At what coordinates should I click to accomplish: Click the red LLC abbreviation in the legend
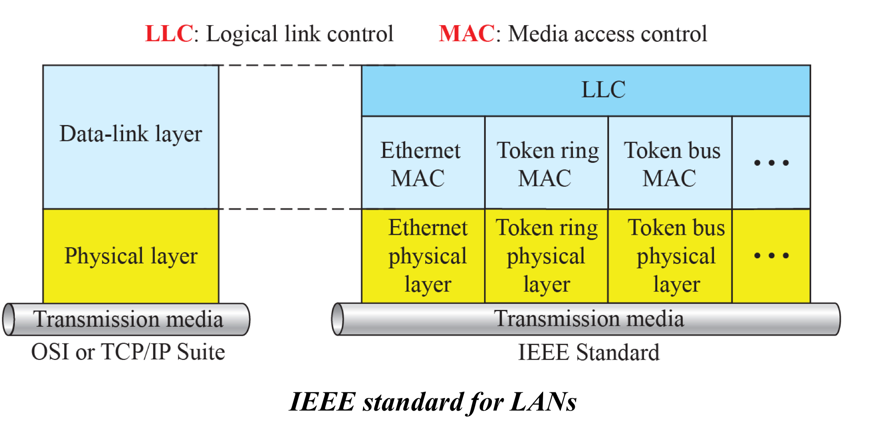coord(169,34)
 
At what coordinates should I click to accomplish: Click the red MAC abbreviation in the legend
coord(466,34)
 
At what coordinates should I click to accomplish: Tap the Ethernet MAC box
coord(423,163)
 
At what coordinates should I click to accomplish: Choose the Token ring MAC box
coord(547,163)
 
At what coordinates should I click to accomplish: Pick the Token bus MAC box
coord(670,163)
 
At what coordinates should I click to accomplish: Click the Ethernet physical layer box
coord(423,256)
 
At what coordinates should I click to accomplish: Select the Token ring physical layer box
coord(547,256)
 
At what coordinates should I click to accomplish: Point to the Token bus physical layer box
coord(670,256)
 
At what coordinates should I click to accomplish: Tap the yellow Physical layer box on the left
coord(131,256)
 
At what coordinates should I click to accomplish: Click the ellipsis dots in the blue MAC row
coord(771,163)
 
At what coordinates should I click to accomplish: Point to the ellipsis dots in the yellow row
coord(771,256)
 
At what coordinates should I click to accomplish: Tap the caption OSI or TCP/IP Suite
coord(128,352)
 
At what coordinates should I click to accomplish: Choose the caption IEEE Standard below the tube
coord(589,352)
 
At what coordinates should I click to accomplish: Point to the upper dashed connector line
coord(290,66)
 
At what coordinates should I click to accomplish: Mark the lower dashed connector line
coord(290,209)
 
